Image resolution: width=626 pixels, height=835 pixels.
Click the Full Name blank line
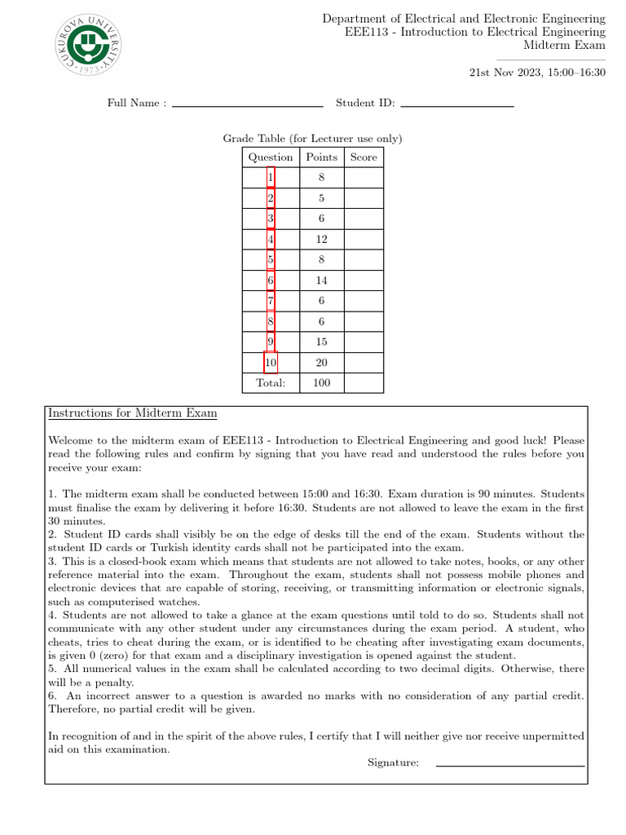click(x=247, y=105)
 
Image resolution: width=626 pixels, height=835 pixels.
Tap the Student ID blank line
click(x=457, y=105)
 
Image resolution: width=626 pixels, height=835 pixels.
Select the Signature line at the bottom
click(x=510, y=765)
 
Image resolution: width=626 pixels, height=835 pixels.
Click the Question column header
click(x=271, y=157)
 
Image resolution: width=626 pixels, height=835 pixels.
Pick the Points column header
click(x=322, y=157)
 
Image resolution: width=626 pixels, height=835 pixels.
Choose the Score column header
click(x=364, y=157)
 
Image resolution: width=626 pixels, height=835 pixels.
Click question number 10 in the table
click(x=271, y=362)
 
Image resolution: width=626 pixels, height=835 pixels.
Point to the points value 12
click(x=322, y=240)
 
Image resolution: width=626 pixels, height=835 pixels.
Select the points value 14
click(x=322, y=281)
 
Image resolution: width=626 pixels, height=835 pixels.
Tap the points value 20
click(x=322, y=362)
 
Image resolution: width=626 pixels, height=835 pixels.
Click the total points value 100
click(x=322, y=382)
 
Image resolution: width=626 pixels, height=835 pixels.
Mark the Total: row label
click(x=271, y=382)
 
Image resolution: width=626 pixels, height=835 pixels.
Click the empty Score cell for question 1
click(x=364, y=178)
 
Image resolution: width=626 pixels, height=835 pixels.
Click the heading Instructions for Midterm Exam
click(x=133, y=413)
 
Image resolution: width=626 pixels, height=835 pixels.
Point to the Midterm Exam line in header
click(x=564, y=45)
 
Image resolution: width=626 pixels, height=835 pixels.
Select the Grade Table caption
click(x=312, y=139)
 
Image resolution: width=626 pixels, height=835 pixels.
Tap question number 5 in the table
click(x=271, y=260)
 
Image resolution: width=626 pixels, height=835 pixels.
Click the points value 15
click(x=322, y=342)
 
